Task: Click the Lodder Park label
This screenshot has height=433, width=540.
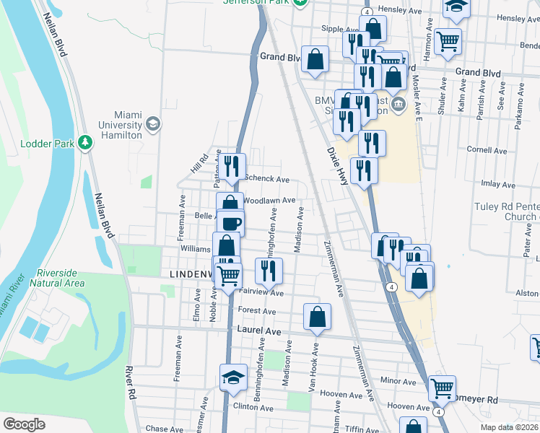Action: [48, 144]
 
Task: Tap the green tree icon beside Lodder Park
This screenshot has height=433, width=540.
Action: [86, 143]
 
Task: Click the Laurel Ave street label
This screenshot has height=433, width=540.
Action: [258, 329]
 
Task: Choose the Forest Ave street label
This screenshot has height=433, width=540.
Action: [258, 311]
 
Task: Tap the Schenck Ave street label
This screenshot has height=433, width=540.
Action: [267, 179]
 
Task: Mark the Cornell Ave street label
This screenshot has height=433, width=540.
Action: [487, 151]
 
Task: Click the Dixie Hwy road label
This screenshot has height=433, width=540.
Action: [338, 167]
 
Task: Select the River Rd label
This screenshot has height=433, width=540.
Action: [131, 383]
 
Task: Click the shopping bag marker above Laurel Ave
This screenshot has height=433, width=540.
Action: [317, 315]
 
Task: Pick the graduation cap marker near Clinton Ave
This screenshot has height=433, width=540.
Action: [233, 377]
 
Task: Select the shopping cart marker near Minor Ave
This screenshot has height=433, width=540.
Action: [442, 388]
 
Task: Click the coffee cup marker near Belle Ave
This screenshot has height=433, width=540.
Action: [231, 223]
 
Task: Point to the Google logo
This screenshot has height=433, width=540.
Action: [24, 424]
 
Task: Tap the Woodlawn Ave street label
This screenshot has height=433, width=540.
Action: [269, 200]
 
